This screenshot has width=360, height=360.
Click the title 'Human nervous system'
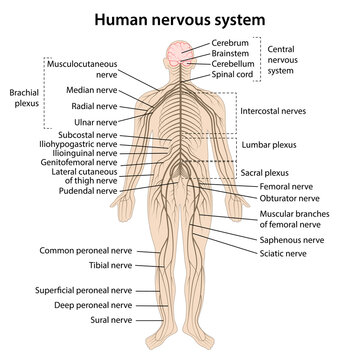tap(180, 18)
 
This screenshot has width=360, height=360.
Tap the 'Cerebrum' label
tap(232, 43)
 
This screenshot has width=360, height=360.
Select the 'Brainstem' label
tap(233, 54)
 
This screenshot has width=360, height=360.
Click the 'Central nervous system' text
tap(287, 57)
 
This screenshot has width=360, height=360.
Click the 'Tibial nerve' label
tap(105, 265)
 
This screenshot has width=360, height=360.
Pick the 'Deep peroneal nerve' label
tap(93, 304)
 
